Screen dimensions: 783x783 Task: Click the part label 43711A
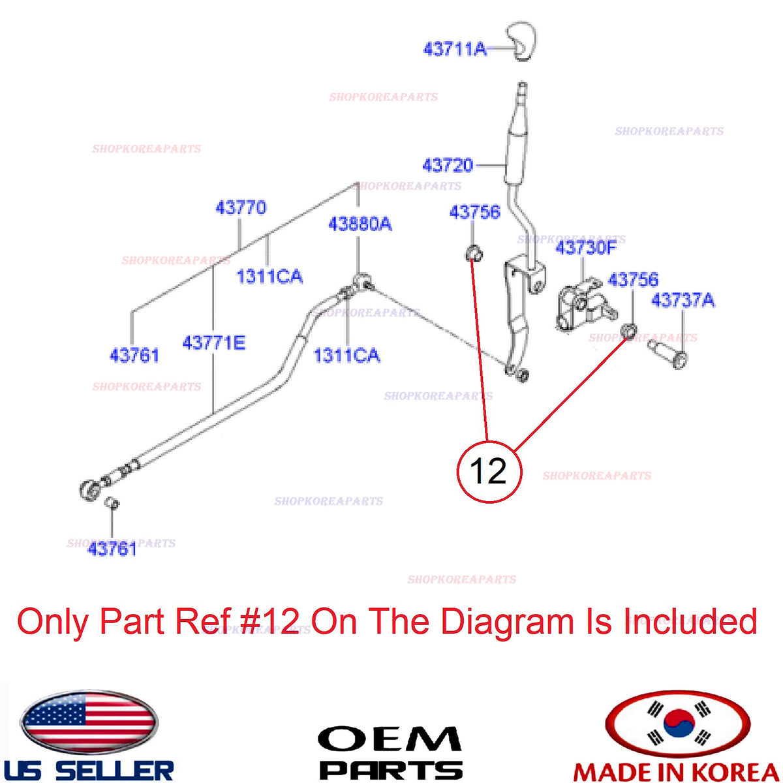tap(455, 49)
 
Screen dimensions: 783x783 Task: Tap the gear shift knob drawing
tap(521, 42)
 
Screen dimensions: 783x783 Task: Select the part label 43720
tap(448, 165)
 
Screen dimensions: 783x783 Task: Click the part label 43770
tap(241, 207)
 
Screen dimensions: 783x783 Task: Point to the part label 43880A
tap(360, 224)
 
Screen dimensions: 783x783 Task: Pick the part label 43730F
tap(586, 247)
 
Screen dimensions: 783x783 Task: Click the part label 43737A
tap(683, 300)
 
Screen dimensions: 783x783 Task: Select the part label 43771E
tap(214, 343)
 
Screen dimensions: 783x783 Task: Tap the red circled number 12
tap(489, 472)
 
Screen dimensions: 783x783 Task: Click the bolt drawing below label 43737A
tap(668, 354)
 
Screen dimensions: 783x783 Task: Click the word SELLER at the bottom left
tap(114, 771)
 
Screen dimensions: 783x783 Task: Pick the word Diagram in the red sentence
tap(507, 622)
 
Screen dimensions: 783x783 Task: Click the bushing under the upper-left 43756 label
tap(473, 254)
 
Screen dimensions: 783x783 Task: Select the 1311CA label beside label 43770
tap(269, 277)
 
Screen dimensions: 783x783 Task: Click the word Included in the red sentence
tap(690, 621)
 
